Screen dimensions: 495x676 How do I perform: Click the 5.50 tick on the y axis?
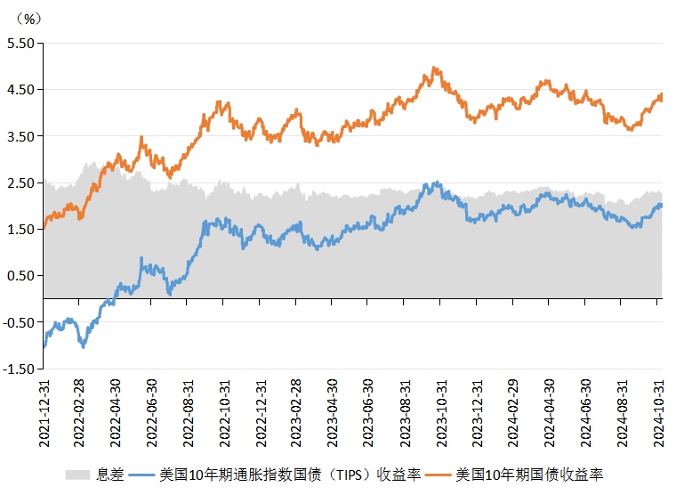[x=20, y=43]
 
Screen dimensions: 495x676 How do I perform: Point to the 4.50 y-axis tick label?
[x=20, y=89]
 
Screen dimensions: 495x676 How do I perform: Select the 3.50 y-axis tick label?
[x=20, y=136]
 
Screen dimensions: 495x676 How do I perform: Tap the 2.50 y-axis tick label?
[x=20, y=183]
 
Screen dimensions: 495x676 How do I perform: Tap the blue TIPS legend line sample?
[x=141, y=475]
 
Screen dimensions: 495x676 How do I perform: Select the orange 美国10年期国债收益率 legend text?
[x=529, y=475]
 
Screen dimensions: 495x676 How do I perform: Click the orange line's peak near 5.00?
[x=433, y=68]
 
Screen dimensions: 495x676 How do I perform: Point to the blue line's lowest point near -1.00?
[x=84, y=345]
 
